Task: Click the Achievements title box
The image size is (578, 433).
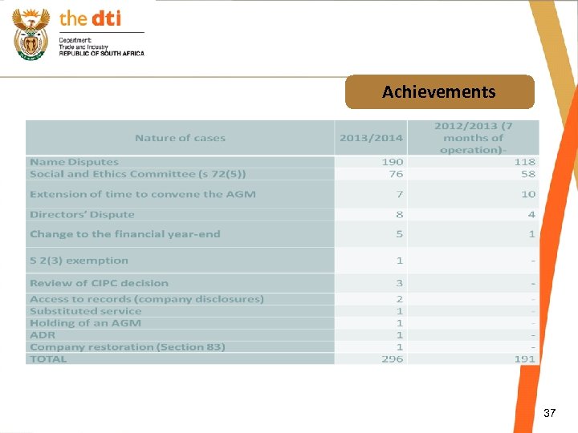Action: tap(439, 92)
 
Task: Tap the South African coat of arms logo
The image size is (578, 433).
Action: tap(31, 33)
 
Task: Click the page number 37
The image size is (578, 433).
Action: tap(549, 413)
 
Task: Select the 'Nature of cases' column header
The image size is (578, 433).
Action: tap(181, 138)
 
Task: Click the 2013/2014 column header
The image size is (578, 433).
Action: tap(371, 138)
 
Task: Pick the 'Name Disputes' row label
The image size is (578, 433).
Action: tap(74, 162)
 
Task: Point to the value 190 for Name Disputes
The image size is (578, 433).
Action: tap(393, 162)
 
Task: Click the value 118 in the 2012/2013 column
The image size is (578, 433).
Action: tap(525, 162)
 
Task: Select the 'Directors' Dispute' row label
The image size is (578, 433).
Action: tap(82, 214)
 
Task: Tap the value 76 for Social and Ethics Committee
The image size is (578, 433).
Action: tap(396, 174)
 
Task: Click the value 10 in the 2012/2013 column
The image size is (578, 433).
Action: tap(528, 194)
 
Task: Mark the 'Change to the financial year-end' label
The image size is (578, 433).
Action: tap(124, 234)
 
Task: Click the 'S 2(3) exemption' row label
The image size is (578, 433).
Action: tap(79, 261)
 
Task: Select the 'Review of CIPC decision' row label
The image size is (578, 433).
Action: tap(99, 283)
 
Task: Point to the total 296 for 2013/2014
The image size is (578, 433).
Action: tap(393, 359)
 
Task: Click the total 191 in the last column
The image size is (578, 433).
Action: tap(525, 359)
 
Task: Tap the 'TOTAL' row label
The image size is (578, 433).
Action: tap(48, 359)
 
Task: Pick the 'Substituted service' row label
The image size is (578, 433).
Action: tap(85, 311)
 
